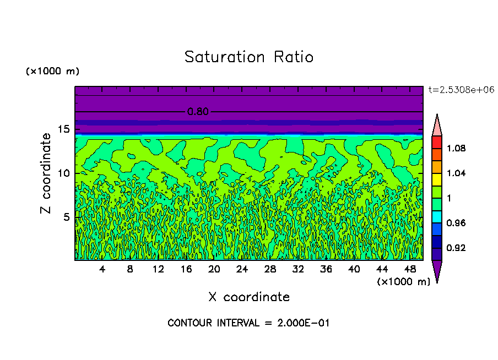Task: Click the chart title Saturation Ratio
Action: click(249, 57)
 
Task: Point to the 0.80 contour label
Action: click(198, 112)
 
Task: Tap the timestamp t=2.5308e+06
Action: click(461, 89)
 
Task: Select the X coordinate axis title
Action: click(249, 297)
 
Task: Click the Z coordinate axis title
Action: click(46, 173)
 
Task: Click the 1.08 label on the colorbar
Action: click(456, 148)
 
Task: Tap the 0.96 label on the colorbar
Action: click(456, 223)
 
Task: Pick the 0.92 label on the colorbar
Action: click(456, 248)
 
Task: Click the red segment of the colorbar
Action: click(437, 142)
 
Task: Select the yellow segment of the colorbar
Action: click(437, 179)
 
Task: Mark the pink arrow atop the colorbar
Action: click(437, 126)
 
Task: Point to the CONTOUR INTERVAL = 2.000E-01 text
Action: click(248, 323)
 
